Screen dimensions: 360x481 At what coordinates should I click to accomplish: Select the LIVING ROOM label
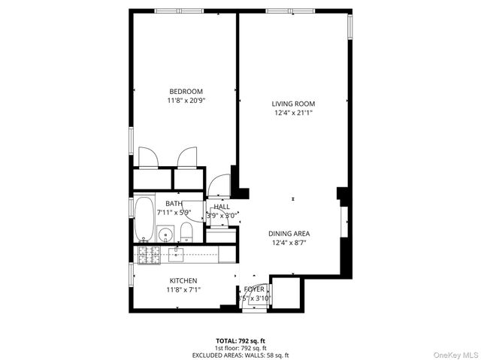pyautogui.click(x=293, y=104)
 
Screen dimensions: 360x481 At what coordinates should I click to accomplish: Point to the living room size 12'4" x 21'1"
pyautogui.click(x=293, y=113)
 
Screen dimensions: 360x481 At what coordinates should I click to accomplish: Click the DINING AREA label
pyautogui.click(x=289, y=234)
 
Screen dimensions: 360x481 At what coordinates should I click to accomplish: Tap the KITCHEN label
pyautogui.click(x=183, y=280)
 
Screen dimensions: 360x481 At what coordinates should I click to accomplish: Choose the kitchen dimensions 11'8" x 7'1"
pyautogui.click(x=183, y=290)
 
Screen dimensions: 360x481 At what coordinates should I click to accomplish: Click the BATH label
pyautogui.click(x=174, y=204)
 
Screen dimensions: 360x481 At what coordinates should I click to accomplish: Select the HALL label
pyautogui.click(x=221, y=207)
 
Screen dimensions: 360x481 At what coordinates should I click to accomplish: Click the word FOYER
pyautogui.click(x=253, y=289)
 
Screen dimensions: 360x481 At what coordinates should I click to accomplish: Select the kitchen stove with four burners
pyautogui.click(x=147, y=255)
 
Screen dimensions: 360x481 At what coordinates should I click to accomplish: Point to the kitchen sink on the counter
pyautogui.click(x=177, y=255)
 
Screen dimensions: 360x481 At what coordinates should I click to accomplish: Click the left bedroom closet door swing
pyautogui.click(x=148, y=157)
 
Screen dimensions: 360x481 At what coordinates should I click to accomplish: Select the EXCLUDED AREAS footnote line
pyautogui.click(x=240, y=355)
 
